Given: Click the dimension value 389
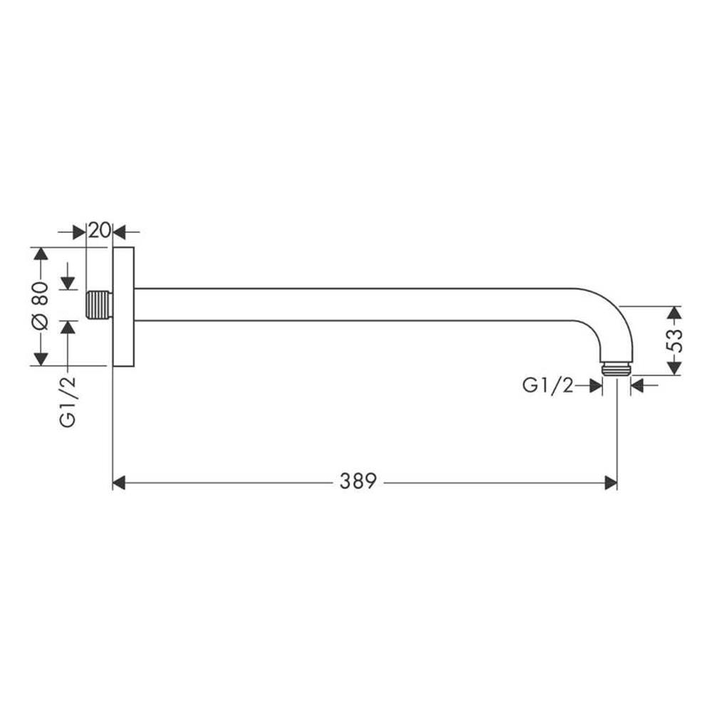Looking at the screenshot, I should click(x=357, y=482).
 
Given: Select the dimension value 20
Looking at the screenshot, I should click(x=100, y=231).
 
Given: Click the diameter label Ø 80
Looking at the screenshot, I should click(x=40, y=305).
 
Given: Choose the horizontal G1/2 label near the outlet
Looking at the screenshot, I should click(x=548, y=385).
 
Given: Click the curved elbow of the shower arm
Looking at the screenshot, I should click(x=609, y=313).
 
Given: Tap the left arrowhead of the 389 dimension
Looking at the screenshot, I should click(x=120, y=483).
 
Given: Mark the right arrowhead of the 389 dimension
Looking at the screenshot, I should click(x=610, y=483).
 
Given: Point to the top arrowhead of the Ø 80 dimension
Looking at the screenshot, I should click(x=41, y=253).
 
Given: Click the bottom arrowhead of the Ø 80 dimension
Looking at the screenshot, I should click(x=41, y=359).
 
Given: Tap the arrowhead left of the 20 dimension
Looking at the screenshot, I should click(x=80, y=231).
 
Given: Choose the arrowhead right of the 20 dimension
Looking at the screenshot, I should click(x=120, y=231).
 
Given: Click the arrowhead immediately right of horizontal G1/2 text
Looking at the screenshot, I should click(x=596, y=385).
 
